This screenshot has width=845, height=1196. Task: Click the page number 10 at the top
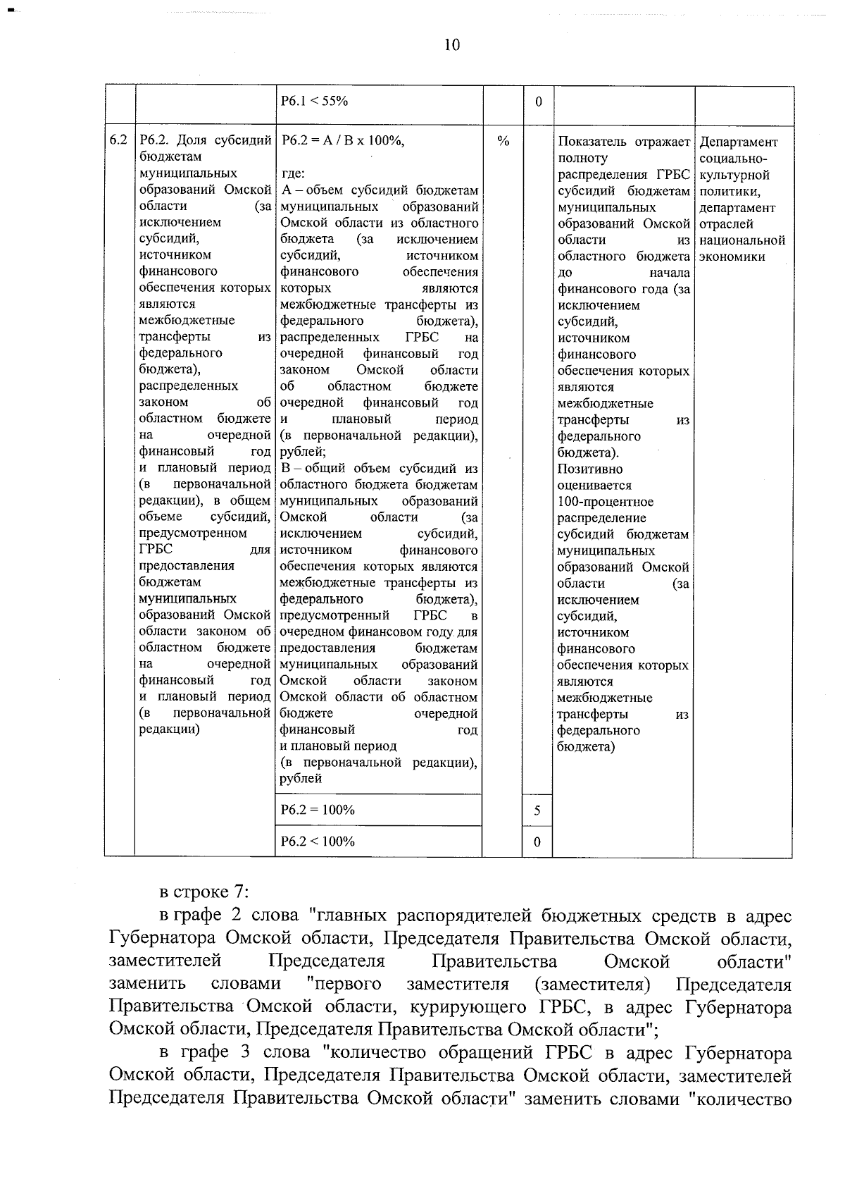452,45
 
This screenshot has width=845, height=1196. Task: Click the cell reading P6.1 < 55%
314,101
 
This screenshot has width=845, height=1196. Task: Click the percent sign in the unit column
503,141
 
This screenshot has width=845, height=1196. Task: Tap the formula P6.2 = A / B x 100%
343,141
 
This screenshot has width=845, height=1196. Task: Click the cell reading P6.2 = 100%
318,810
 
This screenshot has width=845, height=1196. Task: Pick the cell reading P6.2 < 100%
318,841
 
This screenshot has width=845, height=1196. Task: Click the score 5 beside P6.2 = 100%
537,811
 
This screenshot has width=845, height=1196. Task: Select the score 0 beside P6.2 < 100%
537,842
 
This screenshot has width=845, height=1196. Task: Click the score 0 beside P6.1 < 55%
538,101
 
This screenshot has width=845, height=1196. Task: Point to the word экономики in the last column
732,257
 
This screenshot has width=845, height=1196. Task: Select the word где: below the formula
292,174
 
